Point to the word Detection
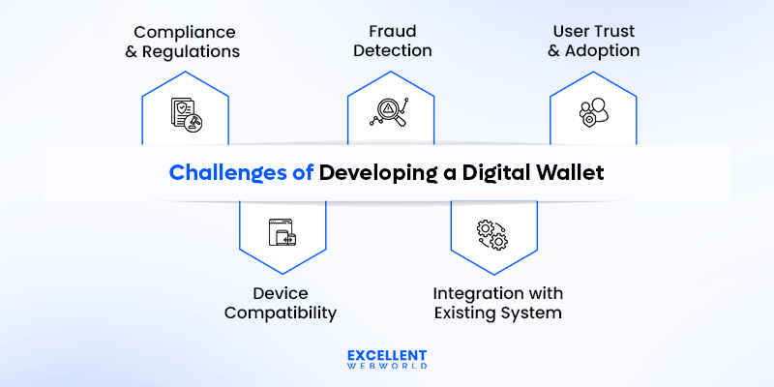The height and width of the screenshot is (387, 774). [390, 51]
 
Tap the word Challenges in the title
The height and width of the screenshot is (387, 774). [230, 173]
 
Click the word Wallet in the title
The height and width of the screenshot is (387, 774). [570, 173]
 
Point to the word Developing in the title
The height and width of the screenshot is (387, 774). [375, 173]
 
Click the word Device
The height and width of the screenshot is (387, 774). [281, 293]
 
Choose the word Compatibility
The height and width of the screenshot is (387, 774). [281, 313]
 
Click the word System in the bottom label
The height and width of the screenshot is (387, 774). [529, 313]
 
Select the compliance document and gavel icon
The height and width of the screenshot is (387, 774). [185, 114]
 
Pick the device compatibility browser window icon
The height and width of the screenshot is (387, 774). [282, 232]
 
